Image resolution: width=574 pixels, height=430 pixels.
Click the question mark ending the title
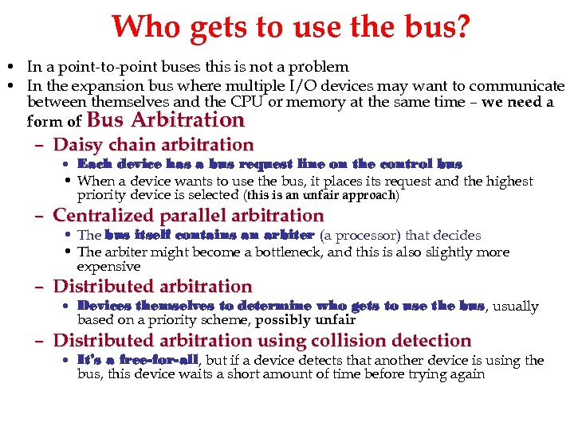pos(460,26)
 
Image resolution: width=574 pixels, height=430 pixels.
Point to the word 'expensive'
pos(108,267)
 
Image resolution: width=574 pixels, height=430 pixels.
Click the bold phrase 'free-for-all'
pos(149,360)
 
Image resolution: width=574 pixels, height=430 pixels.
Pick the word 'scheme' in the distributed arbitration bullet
pos(226,320)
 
